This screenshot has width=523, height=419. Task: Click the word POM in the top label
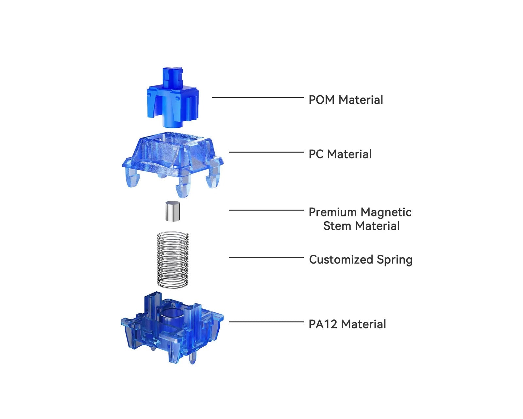322,100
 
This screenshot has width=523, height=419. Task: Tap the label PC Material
340,154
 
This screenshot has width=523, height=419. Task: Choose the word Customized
341,260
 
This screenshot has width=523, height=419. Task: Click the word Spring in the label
395,260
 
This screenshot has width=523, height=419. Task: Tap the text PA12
323,324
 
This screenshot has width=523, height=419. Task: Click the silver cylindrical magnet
173,211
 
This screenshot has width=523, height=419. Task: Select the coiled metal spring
173,260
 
